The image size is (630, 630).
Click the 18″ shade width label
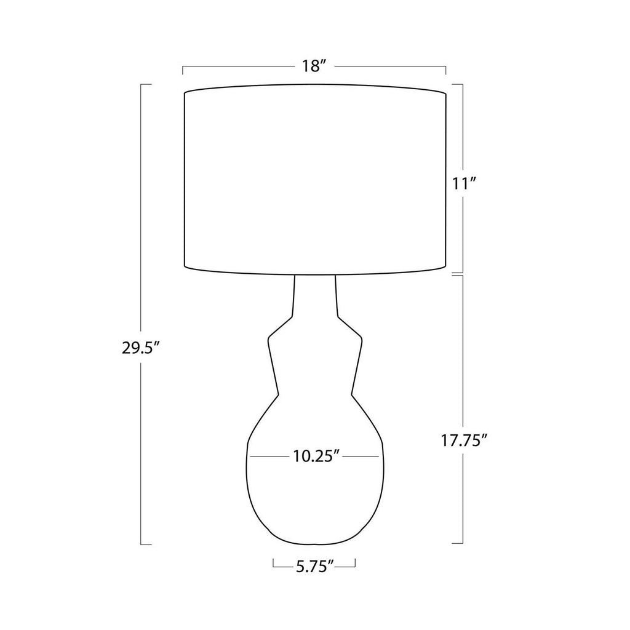coord(313,66)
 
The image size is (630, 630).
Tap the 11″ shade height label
coord(464,184)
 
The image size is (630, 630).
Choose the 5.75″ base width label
coord(314,566)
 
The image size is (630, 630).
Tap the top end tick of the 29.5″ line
coord(146,84)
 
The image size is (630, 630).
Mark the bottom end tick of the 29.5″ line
coord(146,544)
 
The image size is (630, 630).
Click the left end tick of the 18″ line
coord(183,70)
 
